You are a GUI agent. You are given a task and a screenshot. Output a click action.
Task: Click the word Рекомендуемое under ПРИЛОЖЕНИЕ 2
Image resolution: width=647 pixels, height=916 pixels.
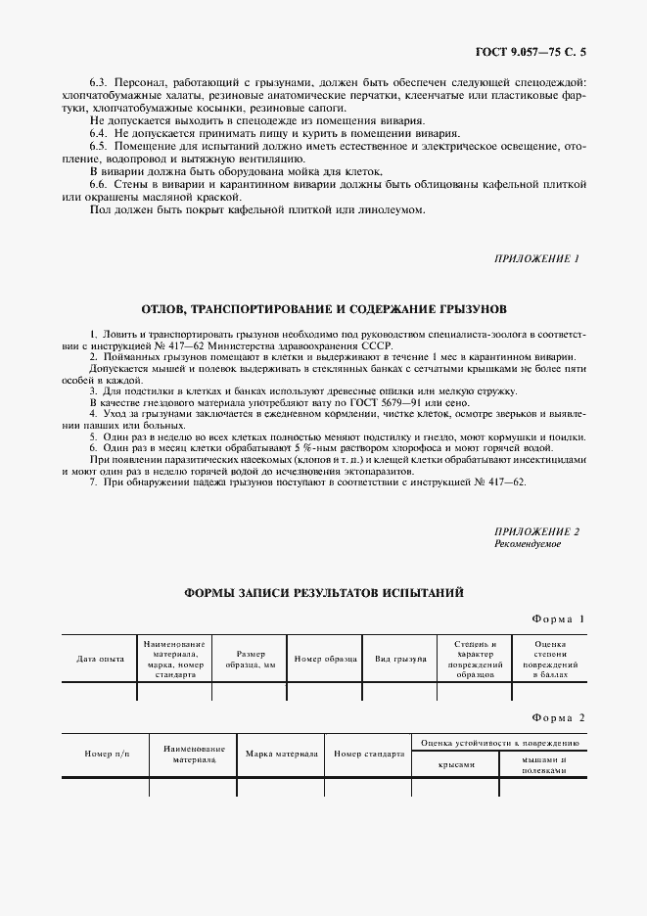pos(528,544)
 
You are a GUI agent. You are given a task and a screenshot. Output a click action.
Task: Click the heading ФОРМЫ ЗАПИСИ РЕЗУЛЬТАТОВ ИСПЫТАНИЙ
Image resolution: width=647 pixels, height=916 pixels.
pos(323,593)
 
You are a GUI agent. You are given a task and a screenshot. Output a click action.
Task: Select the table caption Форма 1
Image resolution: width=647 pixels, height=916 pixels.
pos(558,619)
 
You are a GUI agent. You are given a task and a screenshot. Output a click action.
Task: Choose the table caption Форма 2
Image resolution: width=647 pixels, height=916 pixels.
pos(558,718)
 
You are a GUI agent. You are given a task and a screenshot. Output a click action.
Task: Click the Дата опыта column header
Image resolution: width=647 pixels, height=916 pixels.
pos(100,659)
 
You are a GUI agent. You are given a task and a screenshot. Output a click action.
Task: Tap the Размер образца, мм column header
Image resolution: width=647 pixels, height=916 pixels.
pos(249,659)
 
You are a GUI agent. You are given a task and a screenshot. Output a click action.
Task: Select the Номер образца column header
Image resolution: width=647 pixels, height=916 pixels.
pos(323,659)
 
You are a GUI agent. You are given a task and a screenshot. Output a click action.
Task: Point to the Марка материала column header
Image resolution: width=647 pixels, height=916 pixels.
pos(281,755)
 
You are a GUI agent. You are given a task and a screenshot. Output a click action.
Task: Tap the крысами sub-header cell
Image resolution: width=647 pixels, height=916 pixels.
pos(456,765)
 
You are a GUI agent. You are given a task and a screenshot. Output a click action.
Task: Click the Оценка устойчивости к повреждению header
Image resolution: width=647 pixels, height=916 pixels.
pos(499,743)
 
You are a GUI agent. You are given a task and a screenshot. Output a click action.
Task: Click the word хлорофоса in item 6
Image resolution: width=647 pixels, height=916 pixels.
pos(394,447)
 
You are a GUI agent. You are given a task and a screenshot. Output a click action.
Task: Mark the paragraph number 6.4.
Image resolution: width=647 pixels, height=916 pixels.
pos(97,131)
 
